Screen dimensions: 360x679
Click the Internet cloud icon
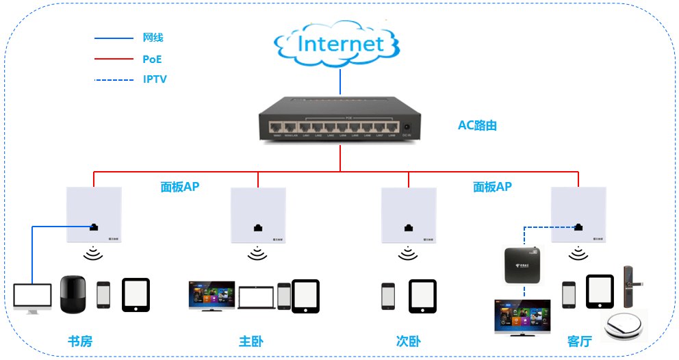pyautogui.click(x=339, y=45)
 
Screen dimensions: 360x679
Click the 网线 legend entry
pyautogui.click(x=153, y=38)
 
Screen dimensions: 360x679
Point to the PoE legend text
pyautogui.click(x=152, y=60)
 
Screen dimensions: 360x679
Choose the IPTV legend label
pyautogui.click(x=155, y=79)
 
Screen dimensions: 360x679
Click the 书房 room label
pyautogui.click(x=79, y=341)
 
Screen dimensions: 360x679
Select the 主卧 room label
pyautogui.click(x=251, y=341)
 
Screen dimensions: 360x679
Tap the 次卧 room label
pyautogui.click(x=408, y=341)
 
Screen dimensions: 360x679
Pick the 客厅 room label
pyautogui.click(x=579, y=341)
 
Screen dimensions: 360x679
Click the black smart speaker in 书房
pyautogui.click(x=73, y=294)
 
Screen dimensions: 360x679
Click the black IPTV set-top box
pyautogui.click(x=526, y=265)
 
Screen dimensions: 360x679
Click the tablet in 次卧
pyautogui.click(x=423, y=296)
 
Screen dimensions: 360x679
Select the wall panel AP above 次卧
pyautogui.click(x=409, y=214)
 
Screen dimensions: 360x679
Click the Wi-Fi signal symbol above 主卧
pyautogui.click(x=257, y=254)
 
